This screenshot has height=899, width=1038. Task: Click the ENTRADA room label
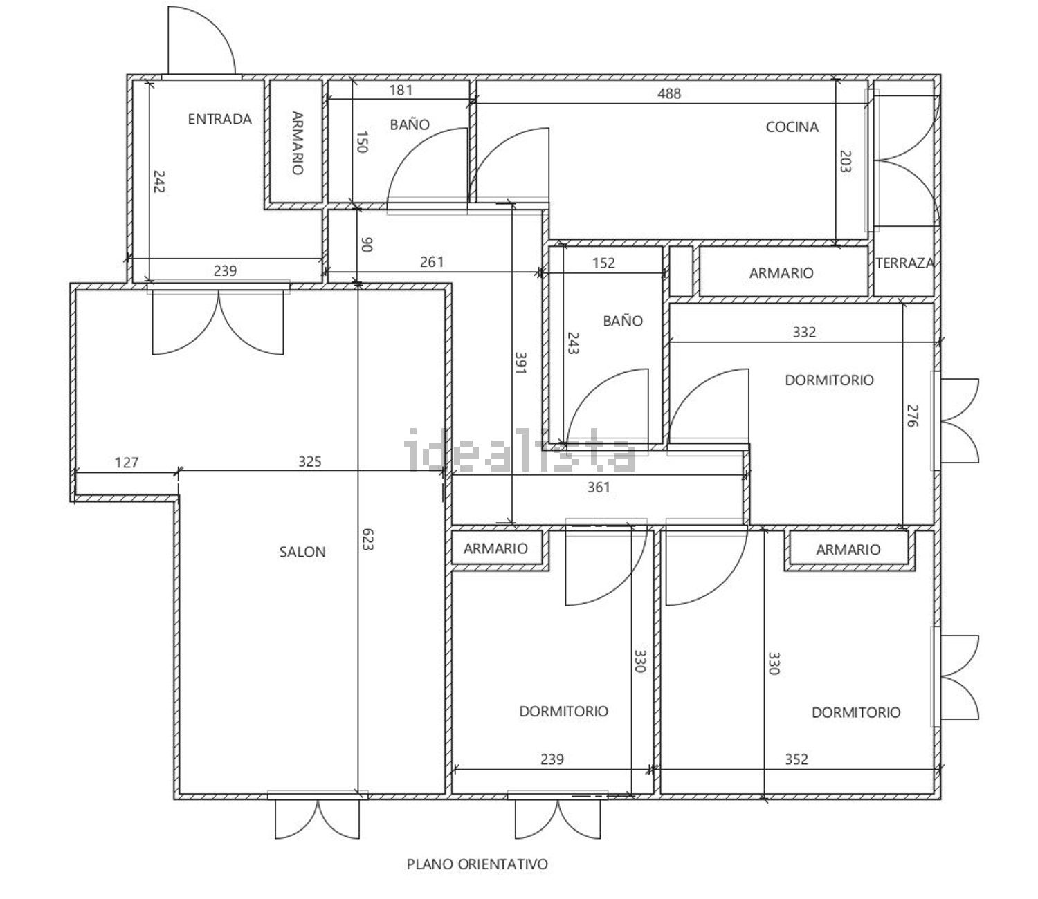(x=219, y=119)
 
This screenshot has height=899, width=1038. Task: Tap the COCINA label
(x=792, y=127)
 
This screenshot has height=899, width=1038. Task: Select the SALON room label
(x=302, y=552)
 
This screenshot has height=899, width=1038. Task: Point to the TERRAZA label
(x=904, y=263)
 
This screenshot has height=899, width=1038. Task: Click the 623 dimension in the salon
(x=367, y=539)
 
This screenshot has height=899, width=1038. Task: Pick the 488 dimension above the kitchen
(x=668, y=93)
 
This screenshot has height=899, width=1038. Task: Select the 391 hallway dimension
(x=520, y=362)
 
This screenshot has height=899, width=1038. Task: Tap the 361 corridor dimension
(x=599, y=487)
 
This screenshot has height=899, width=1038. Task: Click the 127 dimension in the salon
(x=126, y=462)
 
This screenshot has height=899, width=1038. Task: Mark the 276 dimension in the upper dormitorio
(x=912, y=416)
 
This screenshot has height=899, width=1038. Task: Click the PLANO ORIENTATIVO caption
(x=477, y=864)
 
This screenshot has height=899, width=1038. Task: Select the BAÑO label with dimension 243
(x=622, y=321)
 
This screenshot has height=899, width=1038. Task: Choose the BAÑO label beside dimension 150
(x=410, y=124)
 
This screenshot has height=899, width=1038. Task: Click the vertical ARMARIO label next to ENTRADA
(x=298, y=143)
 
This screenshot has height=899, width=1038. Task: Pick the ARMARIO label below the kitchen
(x=781, y=273)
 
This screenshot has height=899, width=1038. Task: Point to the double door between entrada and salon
(x=218, y=322)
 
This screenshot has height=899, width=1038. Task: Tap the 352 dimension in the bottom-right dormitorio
(x=796, y=759)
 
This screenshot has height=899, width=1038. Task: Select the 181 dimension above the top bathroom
(x=401, y=90)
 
